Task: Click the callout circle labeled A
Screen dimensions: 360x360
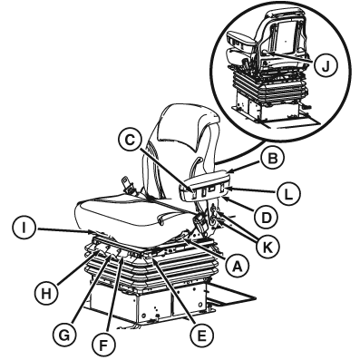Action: click(237, 265)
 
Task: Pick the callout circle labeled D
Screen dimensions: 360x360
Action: click(265, 217)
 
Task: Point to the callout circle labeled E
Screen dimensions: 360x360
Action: click(202, 334)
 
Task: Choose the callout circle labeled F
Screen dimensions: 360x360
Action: click(103, 345)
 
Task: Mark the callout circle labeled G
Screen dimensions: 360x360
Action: click(64, 335)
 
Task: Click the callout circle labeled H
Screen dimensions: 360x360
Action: click(45, 293)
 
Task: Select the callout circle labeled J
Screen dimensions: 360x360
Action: click(325, 67)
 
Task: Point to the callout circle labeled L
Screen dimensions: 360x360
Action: click(288, 193)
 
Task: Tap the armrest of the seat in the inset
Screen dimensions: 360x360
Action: click(240, 40)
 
